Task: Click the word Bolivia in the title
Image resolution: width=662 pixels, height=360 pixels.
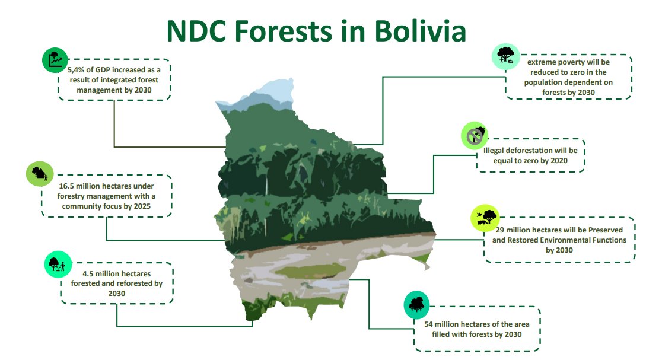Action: coord(420,31)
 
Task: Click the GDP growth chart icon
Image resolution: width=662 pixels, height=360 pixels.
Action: coord(55,60)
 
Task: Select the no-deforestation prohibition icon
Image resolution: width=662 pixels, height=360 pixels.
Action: coord(475,135)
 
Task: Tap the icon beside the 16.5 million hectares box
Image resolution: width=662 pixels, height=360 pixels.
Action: coord(40,174)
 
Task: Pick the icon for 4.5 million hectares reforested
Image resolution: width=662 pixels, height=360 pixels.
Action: coord(58,264)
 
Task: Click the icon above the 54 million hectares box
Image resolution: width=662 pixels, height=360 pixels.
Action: coord(416,304)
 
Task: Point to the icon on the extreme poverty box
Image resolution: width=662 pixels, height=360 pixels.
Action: coord(506,56)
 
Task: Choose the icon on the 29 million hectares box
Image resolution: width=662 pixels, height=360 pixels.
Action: coord(485,218)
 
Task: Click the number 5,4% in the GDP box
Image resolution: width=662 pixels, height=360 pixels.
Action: coord(75,70)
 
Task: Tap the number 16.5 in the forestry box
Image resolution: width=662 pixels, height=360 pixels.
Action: coord(66,186)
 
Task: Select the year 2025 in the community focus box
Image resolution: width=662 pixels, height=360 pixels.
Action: coord(142,206)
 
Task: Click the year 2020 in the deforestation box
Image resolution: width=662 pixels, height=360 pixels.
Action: coord(559,161)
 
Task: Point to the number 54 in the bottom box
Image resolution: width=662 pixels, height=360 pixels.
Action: coord(428,324)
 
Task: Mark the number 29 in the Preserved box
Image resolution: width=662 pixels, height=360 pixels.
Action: coord(500,230)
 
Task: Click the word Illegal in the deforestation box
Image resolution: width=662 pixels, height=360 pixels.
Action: coord(494,151)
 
